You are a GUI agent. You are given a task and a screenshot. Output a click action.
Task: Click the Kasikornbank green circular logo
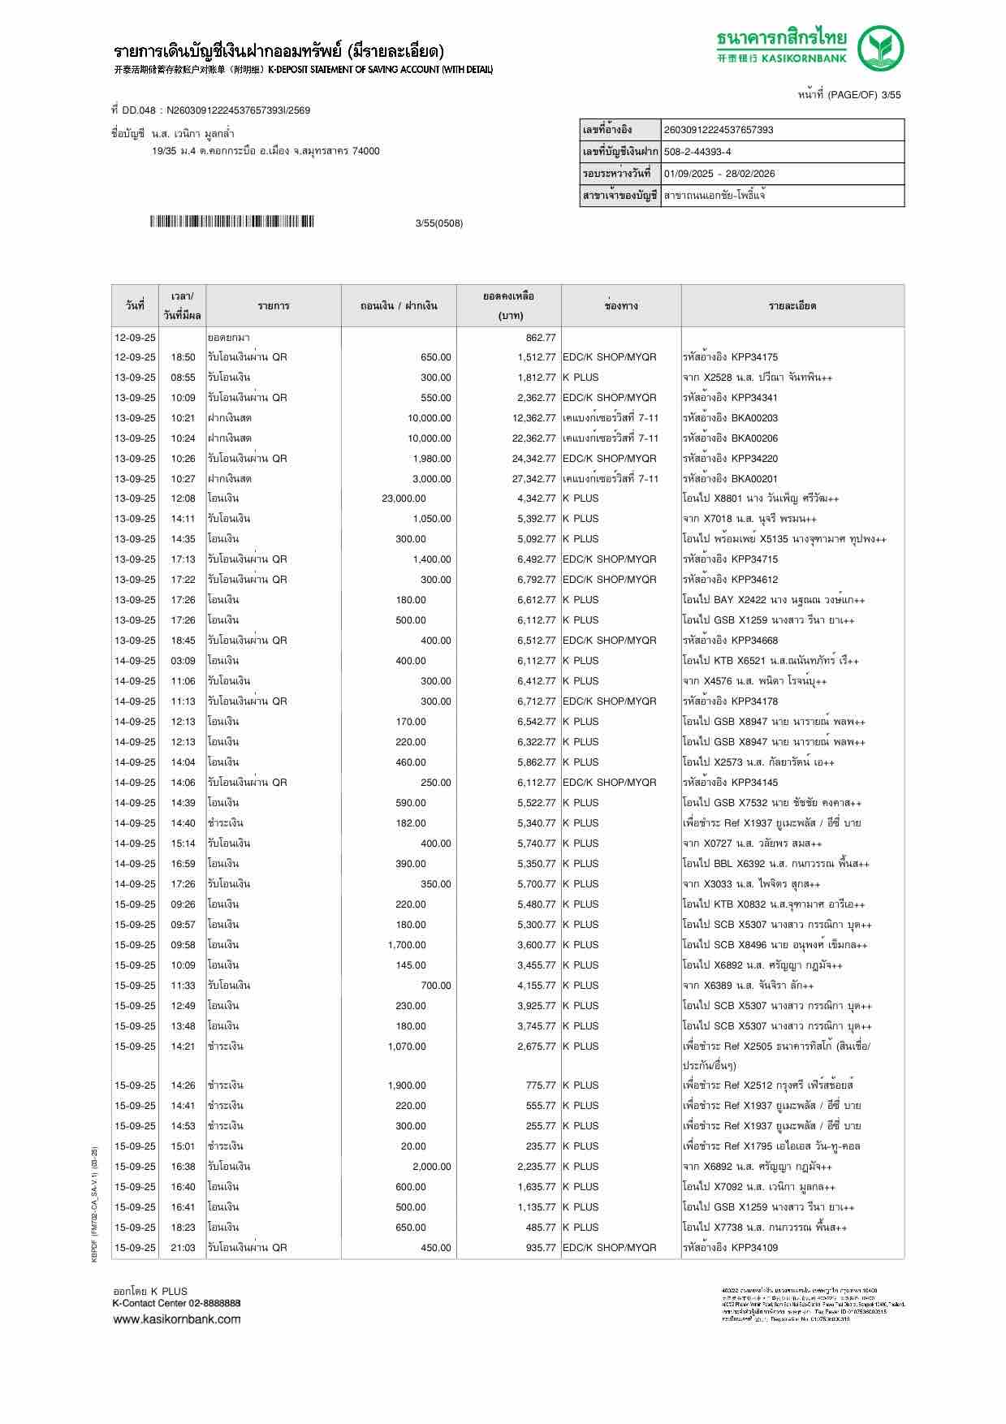tap(881, 49)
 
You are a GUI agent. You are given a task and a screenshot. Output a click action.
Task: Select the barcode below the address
tap(231, 222)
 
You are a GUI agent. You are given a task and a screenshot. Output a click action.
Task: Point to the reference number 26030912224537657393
tap(718, 130)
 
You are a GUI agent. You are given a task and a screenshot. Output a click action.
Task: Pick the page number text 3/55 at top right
tap(891, 95)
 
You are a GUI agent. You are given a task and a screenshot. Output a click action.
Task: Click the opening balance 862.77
tap(541, 337)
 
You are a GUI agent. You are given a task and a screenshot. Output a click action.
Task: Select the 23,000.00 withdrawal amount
tap(404, 498)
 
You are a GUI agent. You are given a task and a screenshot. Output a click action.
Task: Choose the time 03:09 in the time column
tap(183, 661)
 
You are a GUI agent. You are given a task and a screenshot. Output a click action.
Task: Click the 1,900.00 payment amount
tap(407, 1085)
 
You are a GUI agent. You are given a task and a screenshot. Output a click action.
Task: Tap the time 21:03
tap(183, 1248)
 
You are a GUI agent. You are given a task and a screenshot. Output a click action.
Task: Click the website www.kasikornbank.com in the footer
tap(177, 1319)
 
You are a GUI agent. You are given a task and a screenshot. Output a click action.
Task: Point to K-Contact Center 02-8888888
tap(176, 1303)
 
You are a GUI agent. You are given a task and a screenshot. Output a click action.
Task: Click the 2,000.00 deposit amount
tap(431, 1167)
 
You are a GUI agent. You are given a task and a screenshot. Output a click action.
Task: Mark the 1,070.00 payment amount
tap(407, 1046)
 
